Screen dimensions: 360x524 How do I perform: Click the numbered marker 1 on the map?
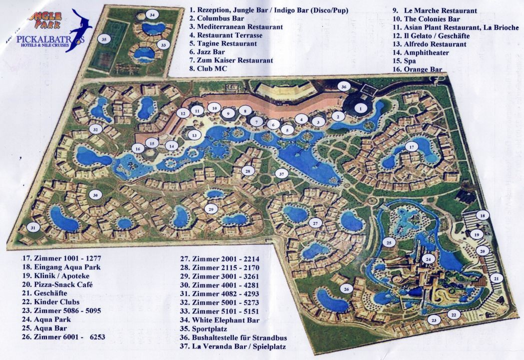tap(360, 107)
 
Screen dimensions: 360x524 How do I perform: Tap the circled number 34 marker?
tap(152, 15)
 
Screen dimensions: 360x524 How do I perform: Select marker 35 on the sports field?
tap(104, 38)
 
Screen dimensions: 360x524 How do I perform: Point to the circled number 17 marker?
tap(411, 147)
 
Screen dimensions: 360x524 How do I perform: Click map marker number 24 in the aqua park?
tap(428, 258)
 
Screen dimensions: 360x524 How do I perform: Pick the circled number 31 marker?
tap(33, 227)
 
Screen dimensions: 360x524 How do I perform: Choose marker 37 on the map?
tap(282, 174)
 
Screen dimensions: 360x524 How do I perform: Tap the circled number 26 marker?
tap(347, 288)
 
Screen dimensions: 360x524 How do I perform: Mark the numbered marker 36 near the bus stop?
tap(343, 86)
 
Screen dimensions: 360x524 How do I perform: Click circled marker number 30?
tap(95, 195)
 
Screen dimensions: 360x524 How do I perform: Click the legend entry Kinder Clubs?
tap(50, 302)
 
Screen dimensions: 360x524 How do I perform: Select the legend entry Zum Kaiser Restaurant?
tap(231, 60)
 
